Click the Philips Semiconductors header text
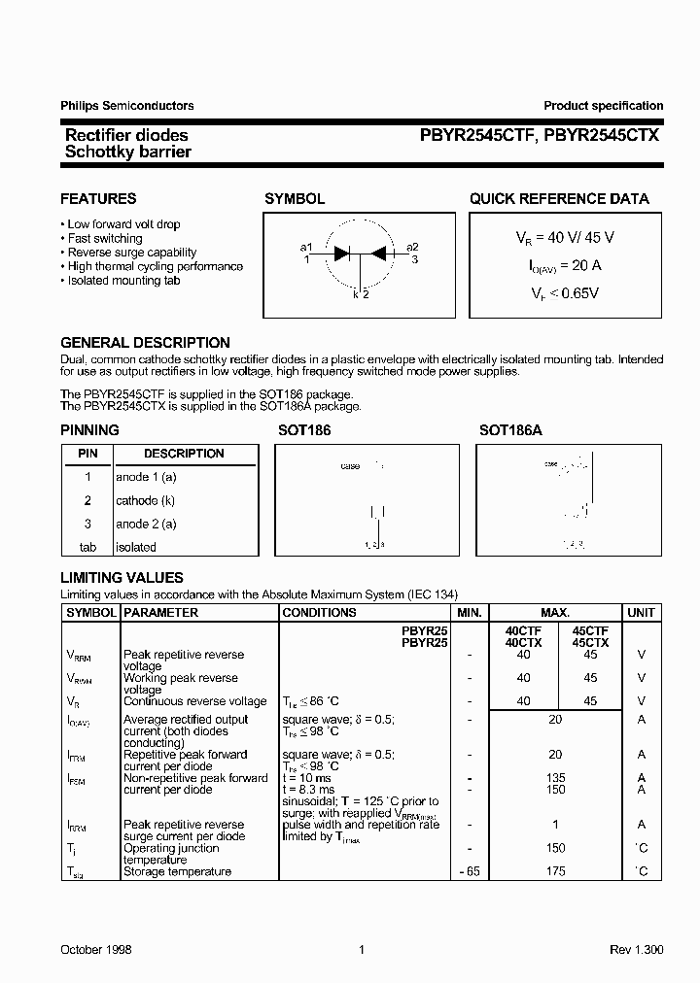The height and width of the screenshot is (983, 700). [x=127, y=106]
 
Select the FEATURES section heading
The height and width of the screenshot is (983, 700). [x=98, y=199]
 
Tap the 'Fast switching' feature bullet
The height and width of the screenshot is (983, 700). [x=104, y=238]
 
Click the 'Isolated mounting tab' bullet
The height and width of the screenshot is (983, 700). [x=123, y=281]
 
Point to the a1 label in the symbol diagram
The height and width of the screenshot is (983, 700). [x=306, y=247]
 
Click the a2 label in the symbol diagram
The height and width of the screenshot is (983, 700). [x=412, y=247]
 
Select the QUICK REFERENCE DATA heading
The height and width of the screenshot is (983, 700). [x=559, y=199]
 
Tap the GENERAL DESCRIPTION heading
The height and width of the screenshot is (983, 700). [x=145, y=343]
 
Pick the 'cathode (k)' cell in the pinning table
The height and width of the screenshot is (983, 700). [x=146, y=500]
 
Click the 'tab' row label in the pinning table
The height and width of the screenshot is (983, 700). [x=87, y=547]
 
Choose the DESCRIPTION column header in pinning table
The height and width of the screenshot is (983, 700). [x=184, y=454]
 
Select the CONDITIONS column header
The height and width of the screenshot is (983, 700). [x=319, y=613]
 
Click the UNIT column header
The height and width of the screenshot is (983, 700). [x=642, y=613]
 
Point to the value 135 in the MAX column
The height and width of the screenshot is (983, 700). [x=556, y=777]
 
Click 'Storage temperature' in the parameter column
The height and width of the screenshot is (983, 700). [x=177, y=871]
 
